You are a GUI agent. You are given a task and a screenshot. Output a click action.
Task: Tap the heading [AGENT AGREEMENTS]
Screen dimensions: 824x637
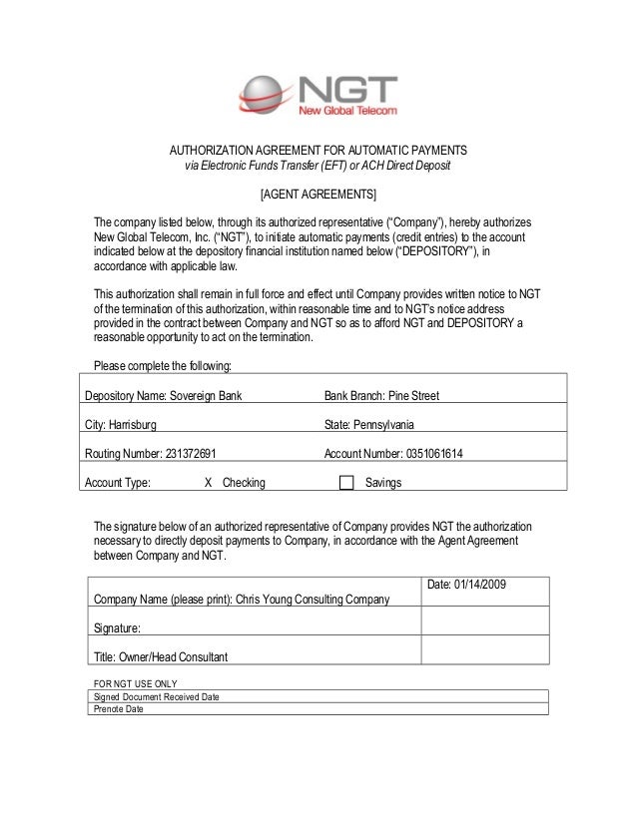click(x=318, y=193)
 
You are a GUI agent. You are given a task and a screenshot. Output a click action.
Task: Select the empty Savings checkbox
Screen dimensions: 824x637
click(x=346, y=483)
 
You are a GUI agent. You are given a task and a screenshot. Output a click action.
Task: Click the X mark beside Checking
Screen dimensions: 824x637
click(x=208, y=483)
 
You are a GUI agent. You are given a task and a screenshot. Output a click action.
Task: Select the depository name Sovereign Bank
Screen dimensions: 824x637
click(x=206, y=396)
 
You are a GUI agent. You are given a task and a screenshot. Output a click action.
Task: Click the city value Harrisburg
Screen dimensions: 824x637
click(x=133, y=425)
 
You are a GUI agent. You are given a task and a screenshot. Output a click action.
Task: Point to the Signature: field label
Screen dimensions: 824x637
click(x=117, y=628)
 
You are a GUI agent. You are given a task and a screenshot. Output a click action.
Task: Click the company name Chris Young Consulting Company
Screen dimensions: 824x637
click(x=312, y=600)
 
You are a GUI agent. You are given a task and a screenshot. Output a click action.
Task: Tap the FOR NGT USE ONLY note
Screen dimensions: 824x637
click(x=135, y=683)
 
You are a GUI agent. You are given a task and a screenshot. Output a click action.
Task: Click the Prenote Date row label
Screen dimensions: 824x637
click(x=118, y=709)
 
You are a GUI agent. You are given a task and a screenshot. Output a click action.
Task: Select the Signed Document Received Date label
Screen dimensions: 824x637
click(x=156, y=696)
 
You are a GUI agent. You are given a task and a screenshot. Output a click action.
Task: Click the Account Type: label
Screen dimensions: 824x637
click(x=118, y=483)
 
